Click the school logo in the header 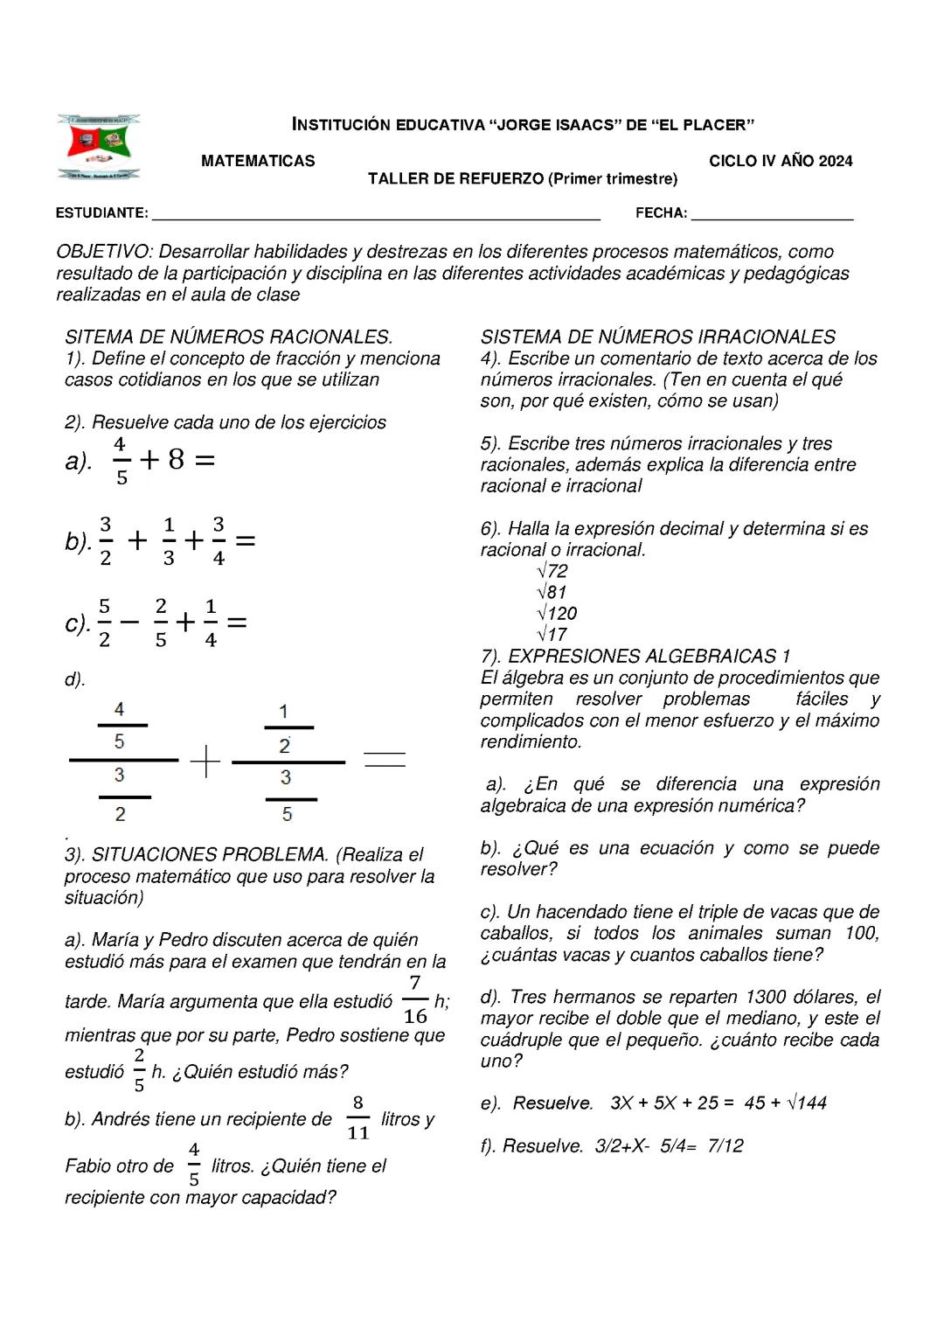(98, 146)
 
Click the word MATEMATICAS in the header (258, 161)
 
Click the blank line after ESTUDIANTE (376, 214)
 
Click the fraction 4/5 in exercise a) (121, 461)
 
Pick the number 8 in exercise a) (177, 459)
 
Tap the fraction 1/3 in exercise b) (169, 541)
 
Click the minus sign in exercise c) (129, 623)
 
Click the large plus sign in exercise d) (205, 761)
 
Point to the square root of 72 (552, 571)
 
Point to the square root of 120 (557, 614)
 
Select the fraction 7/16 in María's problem (415, 1000)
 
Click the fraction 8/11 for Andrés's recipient (358, 1118)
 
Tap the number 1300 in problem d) (766, 997)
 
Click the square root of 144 (807, 1103)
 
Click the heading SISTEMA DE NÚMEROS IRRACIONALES (657, 337)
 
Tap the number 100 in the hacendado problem (861, 933)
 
